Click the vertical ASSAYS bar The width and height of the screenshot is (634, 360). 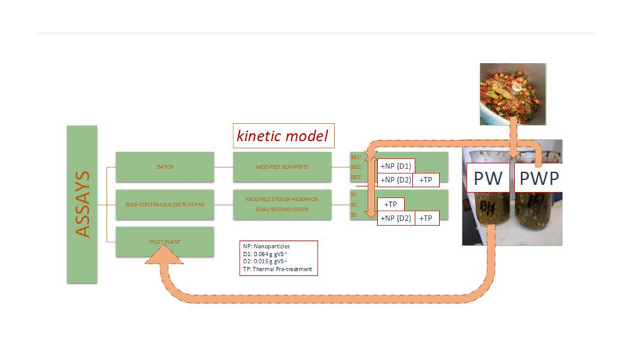(82, 204)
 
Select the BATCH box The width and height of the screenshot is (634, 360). (165, 167)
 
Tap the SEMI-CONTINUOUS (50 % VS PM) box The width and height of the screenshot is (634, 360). (165, 204)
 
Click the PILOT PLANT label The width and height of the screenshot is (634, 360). (165, 242)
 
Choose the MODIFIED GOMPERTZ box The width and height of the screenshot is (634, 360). (282, 167)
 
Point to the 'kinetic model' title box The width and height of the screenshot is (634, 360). (283, 135)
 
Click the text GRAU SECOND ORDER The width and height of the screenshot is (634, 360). (282, 209)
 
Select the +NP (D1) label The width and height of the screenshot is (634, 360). (396, 166)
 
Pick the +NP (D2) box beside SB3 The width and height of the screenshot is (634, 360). (396, 180)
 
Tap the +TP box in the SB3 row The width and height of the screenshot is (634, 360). (426, 180)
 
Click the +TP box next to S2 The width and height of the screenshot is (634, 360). (391, 204)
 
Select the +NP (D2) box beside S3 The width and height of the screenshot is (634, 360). (396, 218)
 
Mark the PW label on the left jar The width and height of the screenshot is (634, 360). (487, 178)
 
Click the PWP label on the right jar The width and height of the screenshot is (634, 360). (538, 178)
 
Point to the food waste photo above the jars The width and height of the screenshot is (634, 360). (513, 94)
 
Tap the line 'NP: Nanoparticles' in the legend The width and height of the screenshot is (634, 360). (267, 246)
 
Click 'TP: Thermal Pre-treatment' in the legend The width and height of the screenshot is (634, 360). (278, 270)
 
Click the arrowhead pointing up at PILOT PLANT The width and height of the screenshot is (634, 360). (163, 254)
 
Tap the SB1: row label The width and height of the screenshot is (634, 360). (355, 157)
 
